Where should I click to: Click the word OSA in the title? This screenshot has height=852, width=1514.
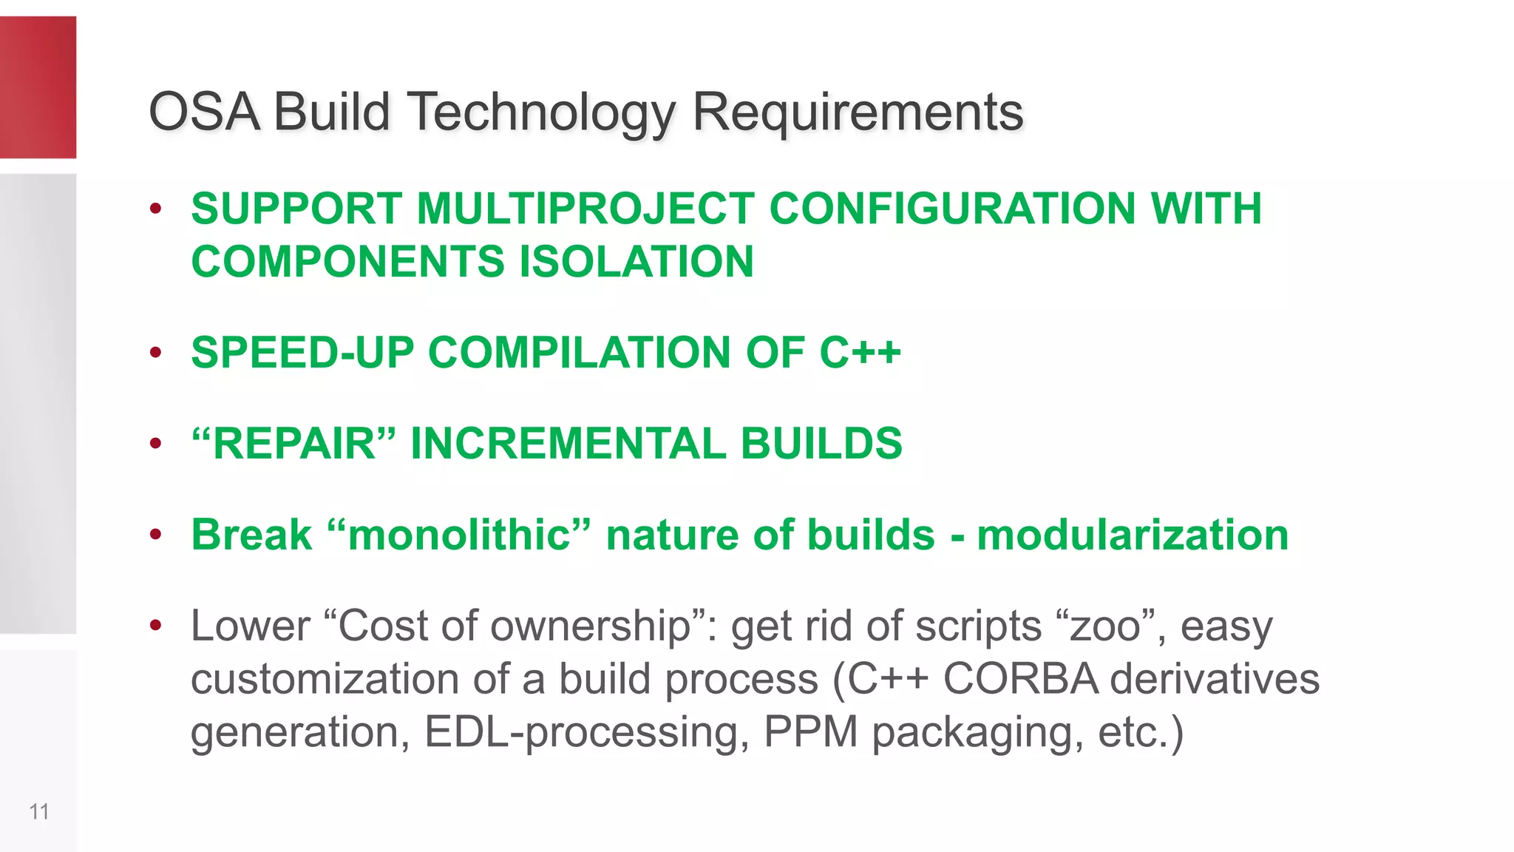point(204,112)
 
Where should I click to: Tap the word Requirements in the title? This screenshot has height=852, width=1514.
point(858,112)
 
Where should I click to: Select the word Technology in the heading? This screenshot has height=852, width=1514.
point(541,112)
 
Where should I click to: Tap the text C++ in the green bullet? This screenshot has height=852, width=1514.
point(860,352)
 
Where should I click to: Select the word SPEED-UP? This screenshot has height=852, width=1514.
point(302,352)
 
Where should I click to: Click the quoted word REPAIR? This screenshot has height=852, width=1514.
point(294,444)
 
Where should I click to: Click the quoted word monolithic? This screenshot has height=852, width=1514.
point(459,535)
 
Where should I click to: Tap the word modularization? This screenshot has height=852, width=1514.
point(1133,535)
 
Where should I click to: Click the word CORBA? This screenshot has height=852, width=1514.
point(1020,679)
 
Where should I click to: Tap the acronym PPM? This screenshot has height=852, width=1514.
point(810,732)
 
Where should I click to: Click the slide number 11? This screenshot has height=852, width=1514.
point(39,812)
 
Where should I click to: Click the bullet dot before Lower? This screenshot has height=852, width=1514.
point(155,626)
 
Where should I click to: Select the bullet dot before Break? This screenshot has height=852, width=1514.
point(155,535)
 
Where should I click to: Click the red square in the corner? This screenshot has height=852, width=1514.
point(38,87)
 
